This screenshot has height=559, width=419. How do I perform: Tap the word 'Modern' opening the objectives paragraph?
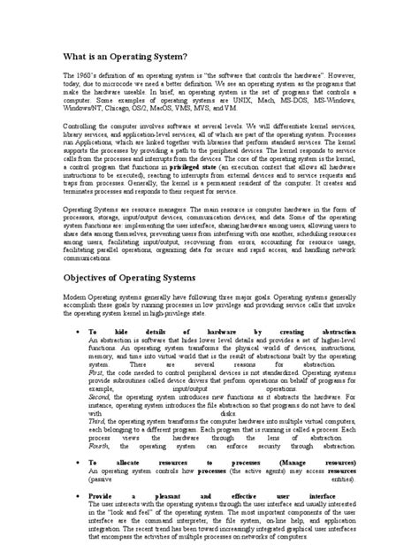point(77,299)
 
